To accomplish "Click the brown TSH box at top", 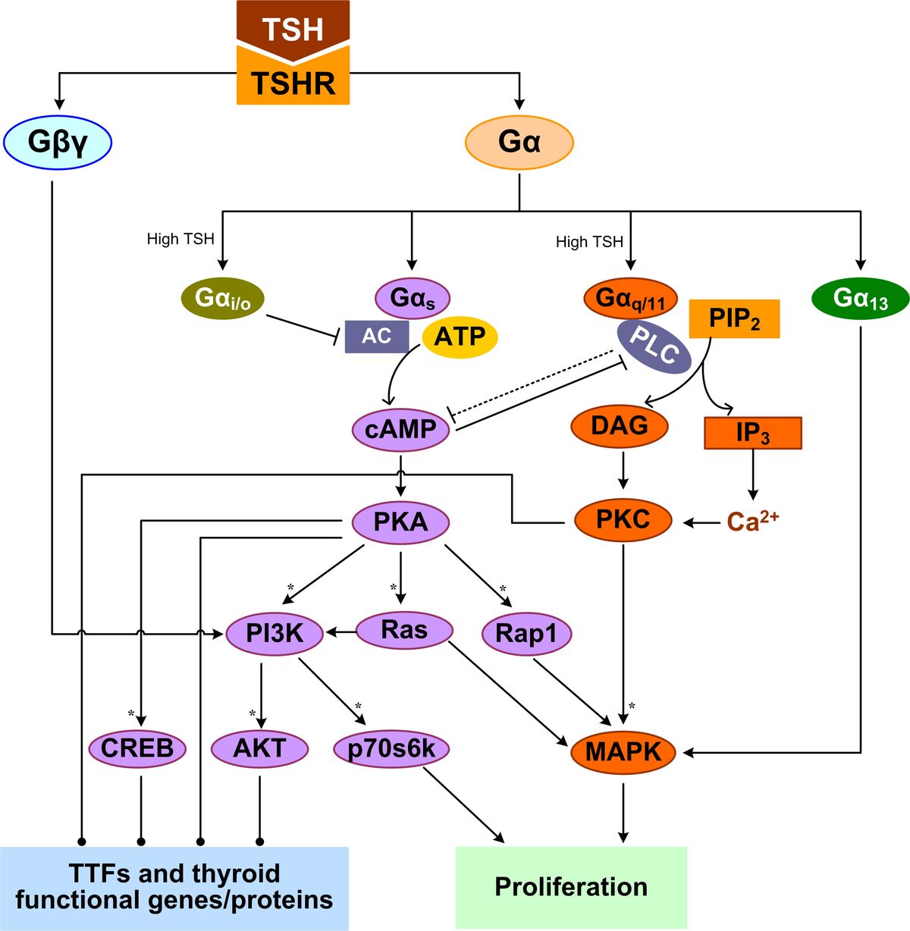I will pos(293,27).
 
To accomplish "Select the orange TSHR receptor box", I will pos(293,82).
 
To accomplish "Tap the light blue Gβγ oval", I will pos(58,142).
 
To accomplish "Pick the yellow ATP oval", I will pos(460,335).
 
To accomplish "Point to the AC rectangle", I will pos(376,336).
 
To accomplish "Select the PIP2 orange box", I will pos(733,318).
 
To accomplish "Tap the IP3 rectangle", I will pos(752,433).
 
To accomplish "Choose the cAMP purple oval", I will pos(400,430).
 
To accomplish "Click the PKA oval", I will pos(400,522).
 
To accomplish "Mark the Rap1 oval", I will pos(526,633).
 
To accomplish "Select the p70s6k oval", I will pos(391,749).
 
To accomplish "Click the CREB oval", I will pos(137,749).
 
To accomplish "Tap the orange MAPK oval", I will pos(623,752).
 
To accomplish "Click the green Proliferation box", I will pos(570,886).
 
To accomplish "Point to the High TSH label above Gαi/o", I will pos(180,239).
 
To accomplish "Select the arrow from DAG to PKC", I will pos(623,470).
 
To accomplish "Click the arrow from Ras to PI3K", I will pos(341,631).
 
